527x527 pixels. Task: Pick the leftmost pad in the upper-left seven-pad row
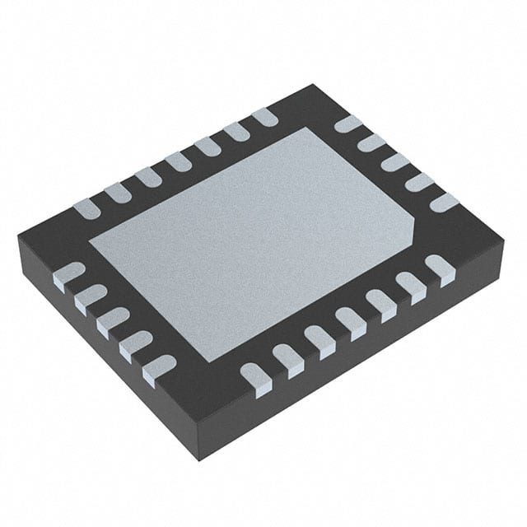pos(86,208)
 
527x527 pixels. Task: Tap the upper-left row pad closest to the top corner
pos(264,117)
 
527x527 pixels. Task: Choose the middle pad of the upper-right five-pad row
pos(395,162)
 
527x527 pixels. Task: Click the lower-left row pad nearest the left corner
pos(68,275)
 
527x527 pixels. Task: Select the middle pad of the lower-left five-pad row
pos(113,320)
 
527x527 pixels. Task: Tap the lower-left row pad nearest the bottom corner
pos(159,368)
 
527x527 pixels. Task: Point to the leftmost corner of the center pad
pos(89,241)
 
